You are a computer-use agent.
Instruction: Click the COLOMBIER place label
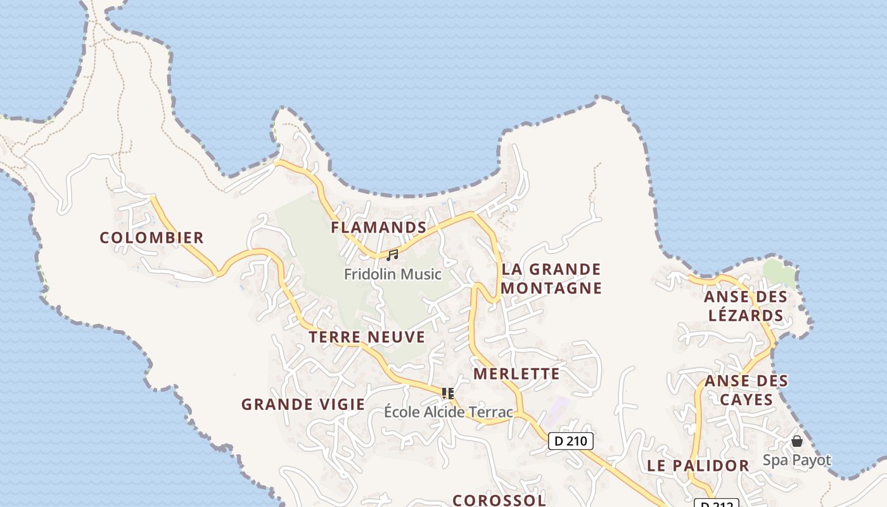[x=151, y=238]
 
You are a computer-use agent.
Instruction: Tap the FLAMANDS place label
[x=378, y=227]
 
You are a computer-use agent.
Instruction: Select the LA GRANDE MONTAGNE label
[x=551, y=278]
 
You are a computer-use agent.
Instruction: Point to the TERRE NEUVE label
[x=367, y=337]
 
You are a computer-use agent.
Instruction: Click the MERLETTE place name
[x=516, y=373]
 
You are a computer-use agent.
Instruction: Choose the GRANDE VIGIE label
[x=303, y=404]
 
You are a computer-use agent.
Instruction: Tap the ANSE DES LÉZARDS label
[x=746, y=305]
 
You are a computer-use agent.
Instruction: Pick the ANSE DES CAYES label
[x=746, y=390]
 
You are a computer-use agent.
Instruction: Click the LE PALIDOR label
[x=698, y=465]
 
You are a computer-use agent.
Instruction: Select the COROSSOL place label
[x=499, y=499]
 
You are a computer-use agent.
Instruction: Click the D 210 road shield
[x=570, y=440]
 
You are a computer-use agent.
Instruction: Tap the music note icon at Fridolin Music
[x=392, y=255]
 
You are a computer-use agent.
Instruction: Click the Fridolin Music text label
[x=392, y=274]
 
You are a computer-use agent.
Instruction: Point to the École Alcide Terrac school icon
[x=448, y=394]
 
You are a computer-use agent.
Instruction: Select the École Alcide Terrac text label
[x=448, y=411]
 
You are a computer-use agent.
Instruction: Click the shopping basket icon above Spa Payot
[x=797, y=440]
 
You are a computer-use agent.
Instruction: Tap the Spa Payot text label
[x=796, y=459]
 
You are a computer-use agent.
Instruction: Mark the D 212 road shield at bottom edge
[x=716, y=503]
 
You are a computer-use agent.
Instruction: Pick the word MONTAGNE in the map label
[x=551, y=288]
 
